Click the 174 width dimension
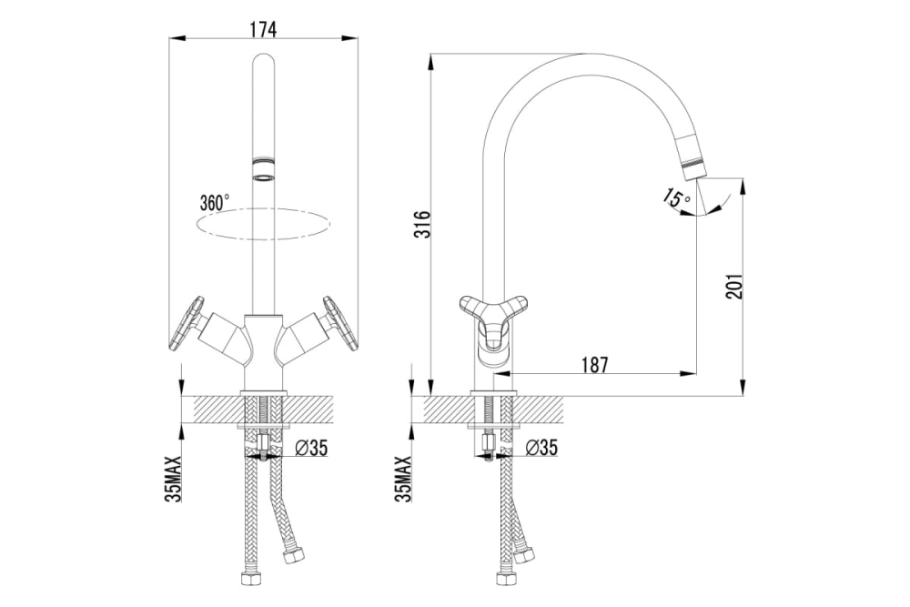pos(264,30)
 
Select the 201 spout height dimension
pos(734,286)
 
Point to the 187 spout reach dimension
pos(595,365)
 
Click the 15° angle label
pos(676,197)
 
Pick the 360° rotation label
pos(214,202)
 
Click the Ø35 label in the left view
pos(311,448)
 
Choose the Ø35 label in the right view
pos(541,447)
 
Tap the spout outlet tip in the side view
pos(694,169)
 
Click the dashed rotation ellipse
pos(264,224)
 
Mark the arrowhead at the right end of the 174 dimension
pos(350,39)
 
